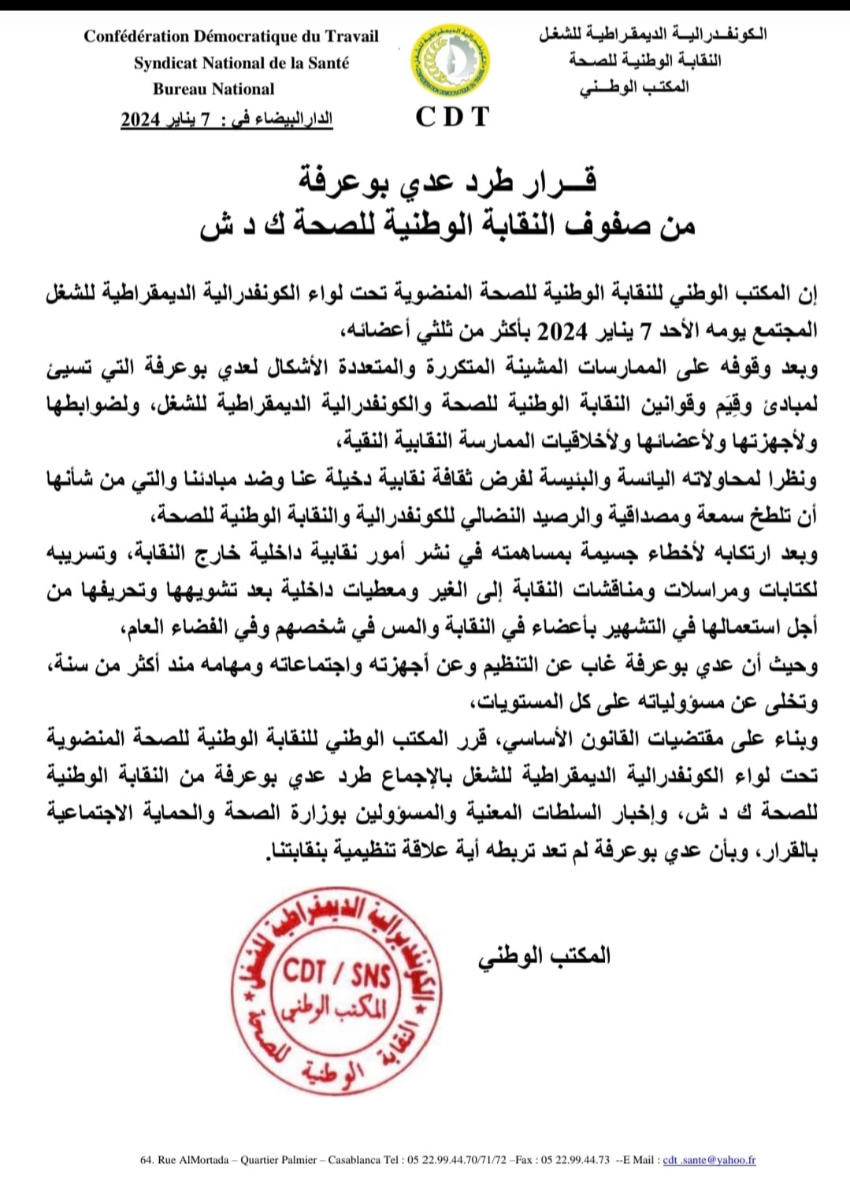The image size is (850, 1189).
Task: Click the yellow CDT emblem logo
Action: click(451, 61)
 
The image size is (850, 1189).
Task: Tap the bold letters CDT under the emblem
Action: click(452, 117)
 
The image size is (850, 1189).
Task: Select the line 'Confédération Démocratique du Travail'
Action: click(231, 36)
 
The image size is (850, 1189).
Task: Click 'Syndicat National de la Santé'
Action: click(241, 63)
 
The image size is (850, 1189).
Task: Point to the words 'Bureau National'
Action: click(213, 89)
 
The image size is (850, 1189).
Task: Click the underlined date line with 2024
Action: click(227, 119)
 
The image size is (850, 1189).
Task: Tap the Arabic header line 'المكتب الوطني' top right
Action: click(634, 87)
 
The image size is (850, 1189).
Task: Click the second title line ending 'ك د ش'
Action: click(447, 225)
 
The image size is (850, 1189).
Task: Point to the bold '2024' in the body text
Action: click(562, 331)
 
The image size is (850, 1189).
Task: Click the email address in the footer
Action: click(709, 1160)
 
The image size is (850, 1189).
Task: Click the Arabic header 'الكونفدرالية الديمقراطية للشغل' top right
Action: click(652, 35)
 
